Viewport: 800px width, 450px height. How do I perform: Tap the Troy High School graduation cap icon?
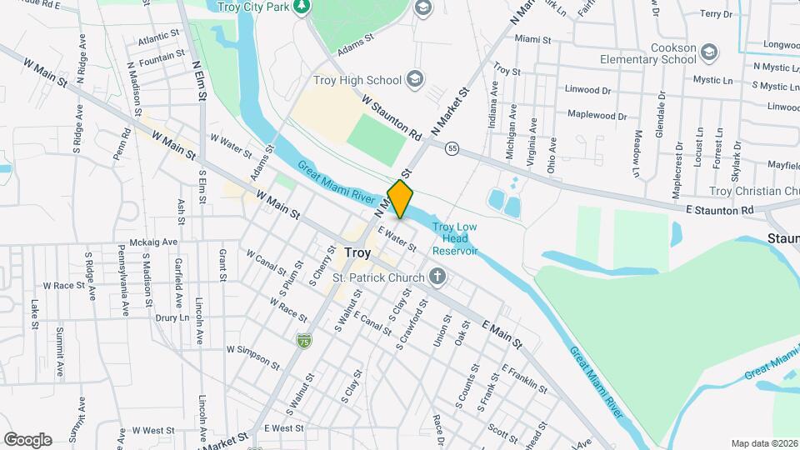click(414, 80)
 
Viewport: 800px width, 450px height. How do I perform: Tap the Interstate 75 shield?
click(303, 340)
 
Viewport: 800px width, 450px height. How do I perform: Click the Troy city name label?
click(357, 252)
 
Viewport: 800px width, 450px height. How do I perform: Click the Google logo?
click(27, 439)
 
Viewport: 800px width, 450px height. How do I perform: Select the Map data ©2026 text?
click(762, 443)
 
